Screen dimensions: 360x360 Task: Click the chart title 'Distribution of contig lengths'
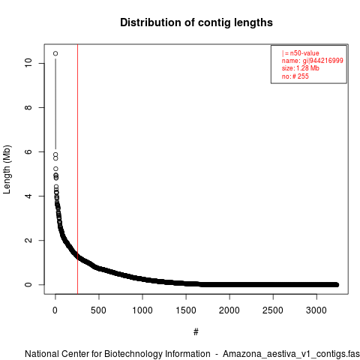coord(196,22)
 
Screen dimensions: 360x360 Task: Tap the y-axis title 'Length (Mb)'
coord(7,169)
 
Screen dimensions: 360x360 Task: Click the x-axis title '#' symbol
coord(196,331)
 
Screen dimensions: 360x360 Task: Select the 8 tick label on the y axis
coord(28,107)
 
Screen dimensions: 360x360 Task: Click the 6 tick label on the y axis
coord(28,151)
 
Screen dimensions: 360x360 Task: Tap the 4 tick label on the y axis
coord(28,196)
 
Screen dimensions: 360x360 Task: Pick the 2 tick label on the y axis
coord(28,240)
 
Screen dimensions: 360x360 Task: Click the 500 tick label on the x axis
coord(99,310)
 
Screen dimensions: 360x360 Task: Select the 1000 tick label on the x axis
coord(142,310)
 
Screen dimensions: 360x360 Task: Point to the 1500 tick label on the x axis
coord(186,310)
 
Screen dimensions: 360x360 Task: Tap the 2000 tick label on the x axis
coord(229,310)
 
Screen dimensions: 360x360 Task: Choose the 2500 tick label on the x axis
coord(273,310)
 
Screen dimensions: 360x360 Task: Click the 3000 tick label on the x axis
coord(316,310)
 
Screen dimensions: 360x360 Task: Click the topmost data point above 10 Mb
coord(55,53)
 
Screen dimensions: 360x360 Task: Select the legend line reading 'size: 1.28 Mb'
coord(301,68)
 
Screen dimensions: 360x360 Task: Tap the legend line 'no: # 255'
coord(295,76)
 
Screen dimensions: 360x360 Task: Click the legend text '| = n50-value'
coord(301,53)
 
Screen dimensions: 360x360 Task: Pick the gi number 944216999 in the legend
coord(326,61)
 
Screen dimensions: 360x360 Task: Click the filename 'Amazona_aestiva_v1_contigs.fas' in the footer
coord(291,354)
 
